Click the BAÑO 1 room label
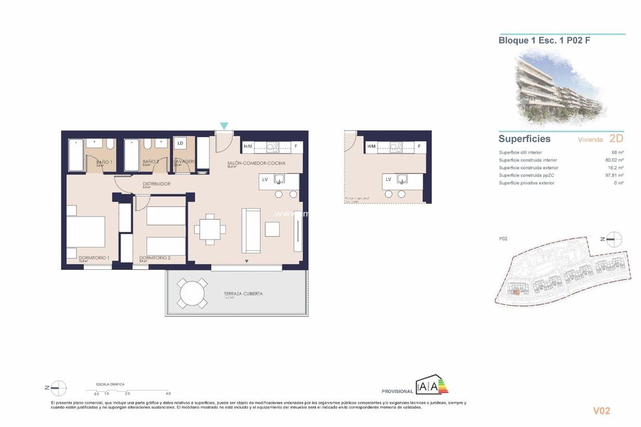pyautogui.click(x=104, y=161)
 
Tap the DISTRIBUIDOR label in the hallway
pyautogui.click(x=156, y=184)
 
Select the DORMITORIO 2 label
pyautogui.click(x=154, y=258)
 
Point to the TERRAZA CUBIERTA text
pyautogui.click(x=243, y=294)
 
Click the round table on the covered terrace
pyautogui.click(x=193, y=294)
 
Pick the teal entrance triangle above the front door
pyautogui.click(x=224, y=126)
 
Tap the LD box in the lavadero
pyautogui.click(x=180, y=144)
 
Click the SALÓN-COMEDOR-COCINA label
pyautogui.click(x=256, y=163)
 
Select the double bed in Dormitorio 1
pyautogui.click(x=85, y=232)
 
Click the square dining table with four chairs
pyautogui.click(x=210, y=228)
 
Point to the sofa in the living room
pyautogui.click(x=251, y=231)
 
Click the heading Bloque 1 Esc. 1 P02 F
pyautogui.click(x=544, y=41)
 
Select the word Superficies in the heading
pyautogui.click(x=525, y=139)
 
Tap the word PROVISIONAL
pyautogui.click(x=397, y=391)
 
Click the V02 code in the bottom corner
pyautogui.click(x=601, y=410)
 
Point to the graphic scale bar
pyautogui.click(x=131, y=390)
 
